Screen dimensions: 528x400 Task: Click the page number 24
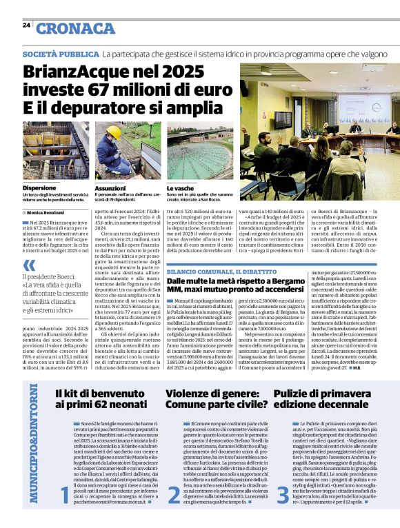click(26, 25)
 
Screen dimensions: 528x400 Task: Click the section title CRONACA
click(75, 28)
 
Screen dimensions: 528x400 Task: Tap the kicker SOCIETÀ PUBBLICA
click(61, 54)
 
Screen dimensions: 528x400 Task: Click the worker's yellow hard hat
click(114, 130)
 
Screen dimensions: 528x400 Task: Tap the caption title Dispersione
click(39, 187)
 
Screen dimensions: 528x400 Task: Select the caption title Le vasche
click(181, 187)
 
